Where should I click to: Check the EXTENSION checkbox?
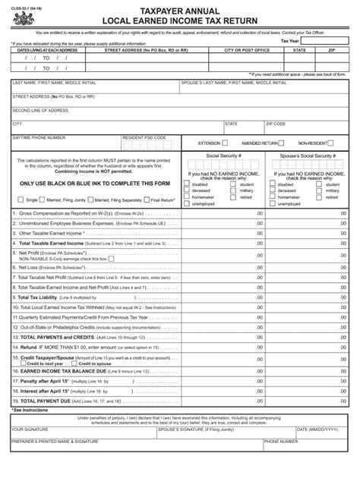point(226,143)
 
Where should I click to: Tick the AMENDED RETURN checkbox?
point(285,143)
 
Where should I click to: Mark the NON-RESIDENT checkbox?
point(335,143)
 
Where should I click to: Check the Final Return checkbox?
point(146,200)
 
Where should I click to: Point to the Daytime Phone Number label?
point(39,137)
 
